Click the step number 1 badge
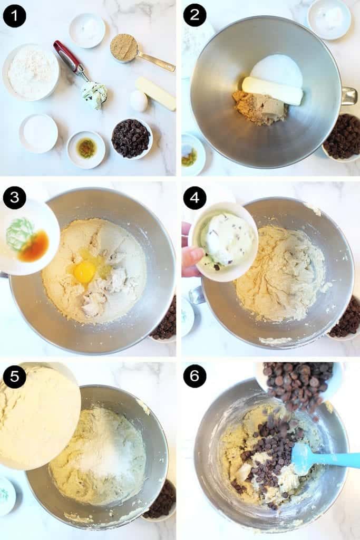coord(14,16)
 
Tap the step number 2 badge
coord(194,15)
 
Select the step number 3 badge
coord(14,198)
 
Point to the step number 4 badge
coord(194,198)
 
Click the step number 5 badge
coord(14,377)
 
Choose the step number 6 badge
coord(194,375)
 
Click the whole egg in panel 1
coord(139,101)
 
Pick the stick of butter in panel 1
coord(155,94)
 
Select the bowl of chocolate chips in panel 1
coord(132,139)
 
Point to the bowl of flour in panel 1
coord(31,72)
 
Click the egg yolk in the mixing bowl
coord(84,267)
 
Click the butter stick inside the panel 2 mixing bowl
coord(273,91)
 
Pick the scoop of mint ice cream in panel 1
coord(94,94)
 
